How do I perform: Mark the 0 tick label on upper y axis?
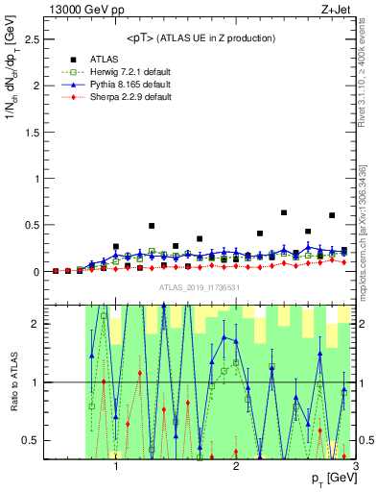point(36,272)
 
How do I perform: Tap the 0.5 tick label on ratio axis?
point(33,440)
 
